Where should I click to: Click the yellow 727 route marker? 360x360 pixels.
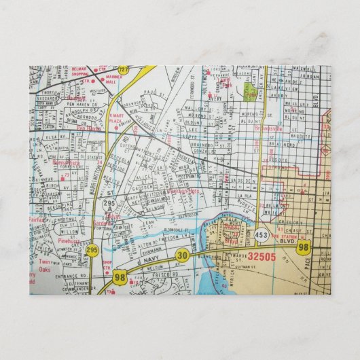tap(123, 70)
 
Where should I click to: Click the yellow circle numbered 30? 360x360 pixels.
tap(181, 255)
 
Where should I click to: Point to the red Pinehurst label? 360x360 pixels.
tap(69, 240)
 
